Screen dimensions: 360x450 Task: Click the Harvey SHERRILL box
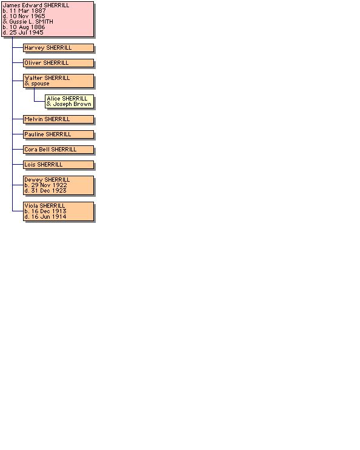coord(59,48)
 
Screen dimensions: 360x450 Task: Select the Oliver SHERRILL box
coord(59,63)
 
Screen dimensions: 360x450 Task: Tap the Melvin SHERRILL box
coord(59,119)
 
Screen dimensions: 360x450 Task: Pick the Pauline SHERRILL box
coord(59,134)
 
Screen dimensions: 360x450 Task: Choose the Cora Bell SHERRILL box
coord(59,150)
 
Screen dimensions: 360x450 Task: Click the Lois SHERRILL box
coord(59,165)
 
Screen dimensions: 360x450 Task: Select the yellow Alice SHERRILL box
coord(70,101)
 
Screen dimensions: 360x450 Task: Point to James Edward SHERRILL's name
coord(36,5)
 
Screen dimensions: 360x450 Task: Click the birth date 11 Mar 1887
coord(27,11)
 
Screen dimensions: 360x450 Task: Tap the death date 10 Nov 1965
coord(27,16)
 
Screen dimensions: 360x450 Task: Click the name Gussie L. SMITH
coord(32,22)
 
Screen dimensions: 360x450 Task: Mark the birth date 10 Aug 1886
coord(27,27)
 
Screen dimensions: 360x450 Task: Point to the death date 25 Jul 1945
coord(27,33)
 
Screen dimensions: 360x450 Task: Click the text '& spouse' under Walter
coord(37,84)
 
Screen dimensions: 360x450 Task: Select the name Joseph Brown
coord(72,104)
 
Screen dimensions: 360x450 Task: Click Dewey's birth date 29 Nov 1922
coord(49,185)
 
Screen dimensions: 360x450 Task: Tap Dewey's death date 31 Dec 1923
coord(49,191)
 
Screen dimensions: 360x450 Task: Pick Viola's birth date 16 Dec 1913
coord(49,211)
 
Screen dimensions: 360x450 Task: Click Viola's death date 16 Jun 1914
coord(49,217)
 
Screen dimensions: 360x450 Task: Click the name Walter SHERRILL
coord(47,78)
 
